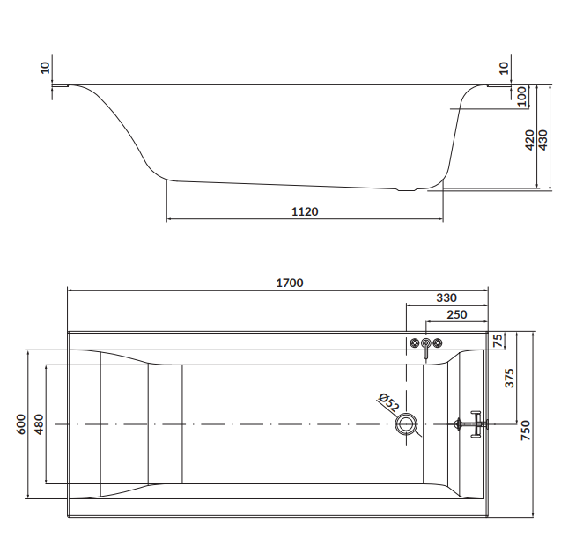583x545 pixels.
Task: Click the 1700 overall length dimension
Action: [290, 283]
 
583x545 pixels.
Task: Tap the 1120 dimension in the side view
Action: [305, 211]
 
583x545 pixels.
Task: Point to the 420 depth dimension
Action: [528, 139]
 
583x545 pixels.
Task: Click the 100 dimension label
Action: [521, 96]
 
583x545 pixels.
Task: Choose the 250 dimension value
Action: [456, 314]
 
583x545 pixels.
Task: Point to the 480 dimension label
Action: [37, 424]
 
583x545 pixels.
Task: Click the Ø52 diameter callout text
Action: [388, 402]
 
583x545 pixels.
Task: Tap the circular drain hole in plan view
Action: [407, 424]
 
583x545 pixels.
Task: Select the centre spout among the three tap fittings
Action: [426, 345]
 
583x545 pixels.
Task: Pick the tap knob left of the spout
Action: [414, 342]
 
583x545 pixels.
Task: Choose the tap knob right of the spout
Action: [439, 342]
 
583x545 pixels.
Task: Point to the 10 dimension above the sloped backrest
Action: [45, 67]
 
